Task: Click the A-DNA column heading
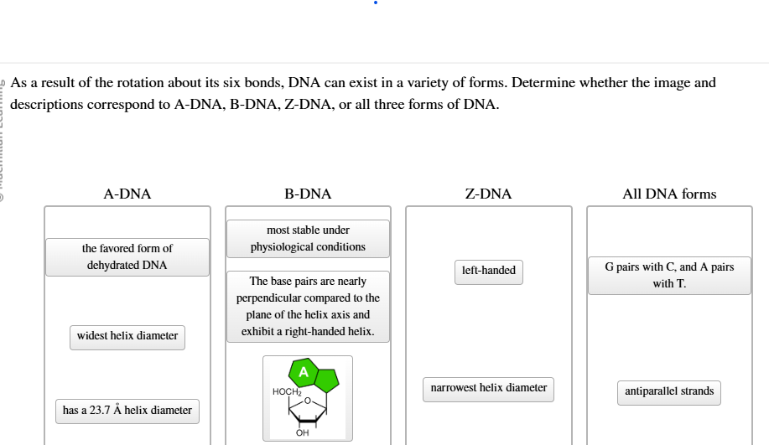[x=127, y=194]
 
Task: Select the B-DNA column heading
[x=308, y=194]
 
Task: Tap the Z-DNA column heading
[x=488, y=194]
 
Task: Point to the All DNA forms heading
[x=669, y=194]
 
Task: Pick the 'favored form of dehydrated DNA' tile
[x=127, y=257]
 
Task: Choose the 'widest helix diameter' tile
[x=127, y=336]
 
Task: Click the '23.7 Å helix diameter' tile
[x=127, y=411]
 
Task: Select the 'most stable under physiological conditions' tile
[x=308, y=239]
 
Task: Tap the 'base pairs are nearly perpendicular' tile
[x=308, y=307]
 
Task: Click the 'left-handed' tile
[x=488, y=271]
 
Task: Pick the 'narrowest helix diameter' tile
[x=488, y=388]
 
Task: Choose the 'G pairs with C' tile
[x=669, y=276]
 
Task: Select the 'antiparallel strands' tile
[x=669, y=391]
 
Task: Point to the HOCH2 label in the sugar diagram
[x=286, y=392]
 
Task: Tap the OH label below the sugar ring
[x=302, y=433]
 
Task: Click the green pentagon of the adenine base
[x=326, y=380]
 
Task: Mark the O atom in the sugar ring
[x=308, y=401]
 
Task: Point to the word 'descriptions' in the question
[x=47, y=105]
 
